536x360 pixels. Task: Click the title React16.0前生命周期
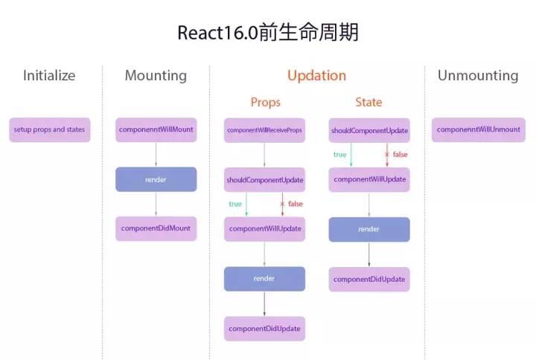click(x=267, y=33)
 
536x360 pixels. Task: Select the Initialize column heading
click(x=49, y=75)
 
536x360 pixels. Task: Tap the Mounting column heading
click(x=156, y=75)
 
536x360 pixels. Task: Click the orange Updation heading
click(x=316, y=75)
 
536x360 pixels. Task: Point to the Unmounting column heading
click(x=477, y=75)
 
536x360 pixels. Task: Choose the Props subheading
click(x=265, y=102)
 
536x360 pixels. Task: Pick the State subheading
click(x=368, y=102)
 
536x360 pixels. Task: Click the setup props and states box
click(x=49, y=129)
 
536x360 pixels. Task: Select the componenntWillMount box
click(x=156, y=129)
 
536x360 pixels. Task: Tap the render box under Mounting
click(x=156, y=179)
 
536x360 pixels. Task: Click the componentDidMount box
click(x=156, y=228)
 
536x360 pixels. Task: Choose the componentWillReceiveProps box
click(x=264, y=130)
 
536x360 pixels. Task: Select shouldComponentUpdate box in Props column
click(x=264, y=180)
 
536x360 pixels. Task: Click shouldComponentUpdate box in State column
click(x=368, y=130)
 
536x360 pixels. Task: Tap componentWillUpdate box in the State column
click(x=368, y=179)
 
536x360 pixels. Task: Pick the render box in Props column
click(x=264, y=278)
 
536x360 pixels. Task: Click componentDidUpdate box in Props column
click(x=264, y=328)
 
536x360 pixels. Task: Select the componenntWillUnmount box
click(x=478, y=129)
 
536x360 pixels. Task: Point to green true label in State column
click(x=339, y=155)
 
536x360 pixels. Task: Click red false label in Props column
click(x=295, y=204)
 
